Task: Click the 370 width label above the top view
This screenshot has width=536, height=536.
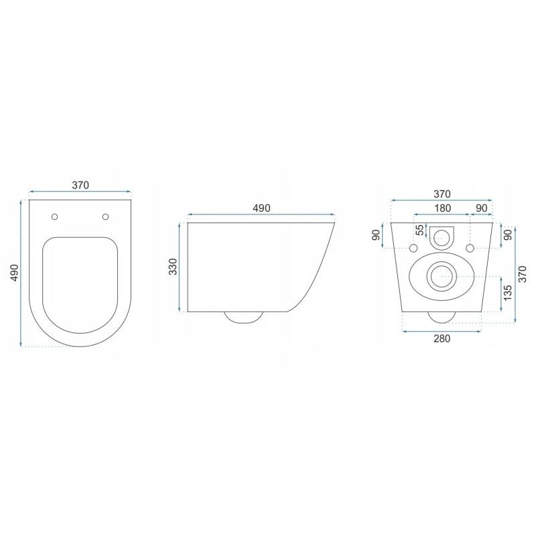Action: (x=80, y=185)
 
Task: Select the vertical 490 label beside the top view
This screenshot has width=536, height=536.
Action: (x=13, y=273)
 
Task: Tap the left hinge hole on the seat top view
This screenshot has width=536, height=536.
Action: (x=55, y=216)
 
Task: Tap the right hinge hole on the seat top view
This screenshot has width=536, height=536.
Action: (x=105, y=216)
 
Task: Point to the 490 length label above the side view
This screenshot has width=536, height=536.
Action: (x=261, y=208)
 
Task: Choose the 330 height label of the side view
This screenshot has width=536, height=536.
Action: (x=172, y=267)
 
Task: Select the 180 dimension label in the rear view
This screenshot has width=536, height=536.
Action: (x=442, y=208)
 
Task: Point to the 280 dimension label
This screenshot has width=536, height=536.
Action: (x=440, y=338)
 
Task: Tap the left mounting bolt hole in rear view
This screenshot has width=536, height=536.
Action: (x=412, y=249)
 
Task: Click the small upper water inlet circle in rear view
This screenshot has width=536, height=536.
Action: (x=442, y=235)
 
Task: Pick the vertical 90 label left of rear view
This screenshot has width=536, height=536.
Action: (x=377, y=236)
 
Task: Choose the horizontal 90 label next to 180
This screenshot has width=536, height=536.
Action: (x=481, y=208)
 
